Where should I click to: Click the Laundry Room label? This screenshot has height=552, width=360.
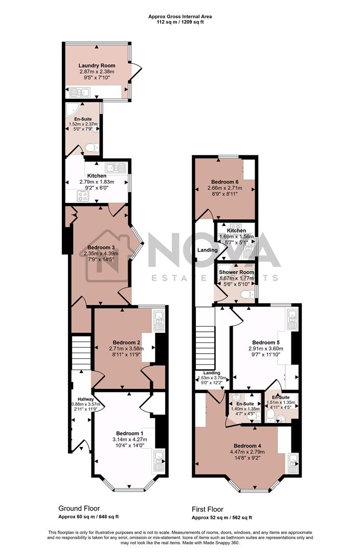[x=97, y=65]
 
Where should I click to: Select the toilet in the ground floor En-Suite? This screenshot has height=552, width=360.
[x=91, y=148]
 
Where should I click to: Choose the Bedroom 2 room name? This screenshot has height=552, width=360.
[x=126, y=342]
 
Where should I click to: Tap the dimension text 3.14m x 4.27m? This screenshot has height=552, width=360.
[x=129, y=439]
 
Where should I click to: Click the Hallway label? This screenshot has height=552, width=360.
[x=85, y=399]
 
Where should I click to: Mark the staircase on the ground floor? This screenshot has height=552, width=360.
[x=80, y=352]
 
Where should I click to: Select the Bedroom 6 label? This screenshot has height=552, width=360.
[x=225, y=182]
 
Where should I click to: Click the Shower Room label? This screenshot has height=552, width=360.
[x=236, y=272]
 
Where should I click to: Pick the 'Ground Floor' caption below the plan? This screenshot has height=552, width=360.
[x=79, y=509]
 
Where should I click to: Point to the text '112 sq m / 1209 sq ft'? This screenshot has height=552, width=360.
[x=180, y=22]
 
